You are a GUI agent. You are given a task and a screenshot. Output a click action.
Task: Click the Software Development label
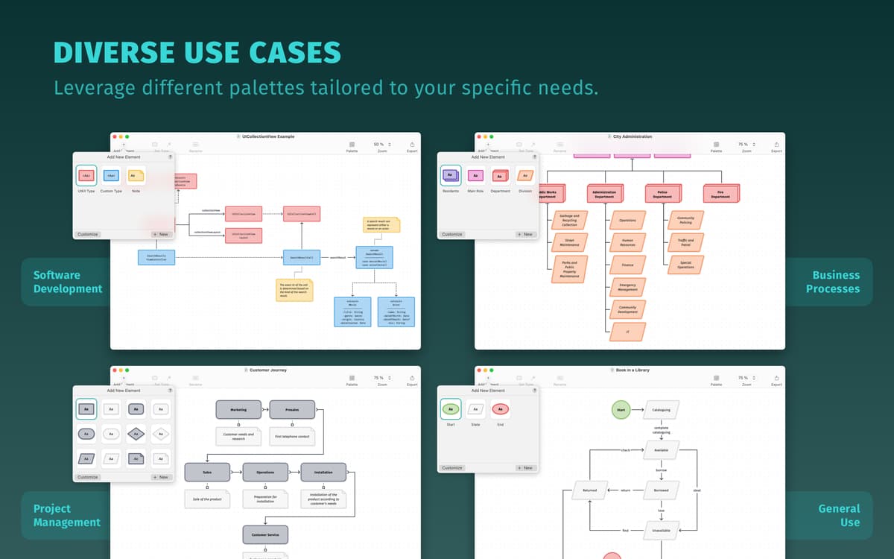(x=67, y=282)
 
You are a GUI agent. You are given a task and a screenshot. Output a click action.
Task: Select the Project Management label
(x=67, y=515)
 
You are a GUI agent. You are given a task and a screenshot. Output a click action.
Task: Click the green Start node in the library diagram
(x=620, y=409)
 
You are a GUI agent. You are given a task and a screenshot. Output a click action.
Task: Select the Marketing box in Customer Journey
(x=238, y=409)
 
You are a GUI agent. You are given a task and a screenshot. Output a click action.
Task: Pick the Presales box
(x=292, y=409)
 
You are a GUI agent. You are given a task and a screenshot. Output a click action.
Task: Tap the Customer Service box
(x=265, y=534)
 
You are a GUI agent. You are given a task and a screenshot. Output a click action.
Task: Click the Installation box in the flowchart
(x=323, y=472)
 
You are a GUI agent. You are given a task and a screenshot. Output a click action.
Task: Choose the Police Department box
(x=663, y=194)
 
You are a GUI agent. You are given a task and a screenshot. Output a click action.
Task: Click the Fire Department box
(x=720, y=194)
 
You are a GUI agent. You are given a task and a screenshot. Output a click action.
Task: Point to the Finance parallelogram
(x=627, y=265)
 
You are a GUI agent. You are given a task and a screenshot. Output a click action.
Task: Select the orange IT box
(x=627, y=332)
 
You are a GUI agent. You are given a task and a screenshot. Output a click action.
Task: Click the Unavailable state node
(x=661, y=530)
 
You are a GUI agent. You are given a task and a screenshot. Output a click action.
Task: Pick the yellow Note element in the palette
(x=136, y=177)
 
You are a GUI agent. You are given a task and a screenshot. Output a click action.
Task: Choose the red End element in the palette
(x=500, y=409)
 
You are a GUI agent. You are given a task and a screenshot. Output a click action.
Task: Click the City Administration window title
(x=632, y=136)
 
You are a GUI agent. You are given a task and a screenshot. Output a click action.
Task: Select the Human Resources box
(x=627, y=242)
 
